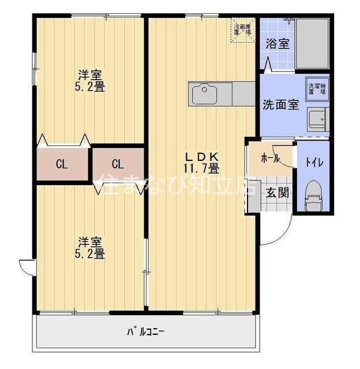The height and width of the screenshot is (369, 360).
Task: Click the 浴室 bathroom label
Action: point(277,44)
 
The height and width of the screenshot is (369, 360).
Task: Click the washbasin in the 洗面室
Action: point(317,119)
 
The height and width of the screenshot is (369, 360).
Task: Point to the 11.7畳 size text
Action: point(201,168)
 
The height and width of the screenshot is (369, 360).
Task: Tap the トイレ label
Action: point(314,162)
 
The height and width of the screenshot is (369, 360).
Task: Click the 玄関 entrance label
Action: point(276,193)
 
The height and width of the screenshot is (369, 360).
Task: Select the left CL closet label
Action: point(62,164)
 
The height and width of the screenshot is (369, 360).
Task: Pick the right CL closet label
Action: point(118,163)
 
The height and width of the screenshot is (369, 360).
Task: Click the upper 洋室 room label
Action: point(91,74)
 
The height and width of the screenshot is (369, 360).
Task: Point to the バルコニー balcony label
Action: point(146,332)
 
